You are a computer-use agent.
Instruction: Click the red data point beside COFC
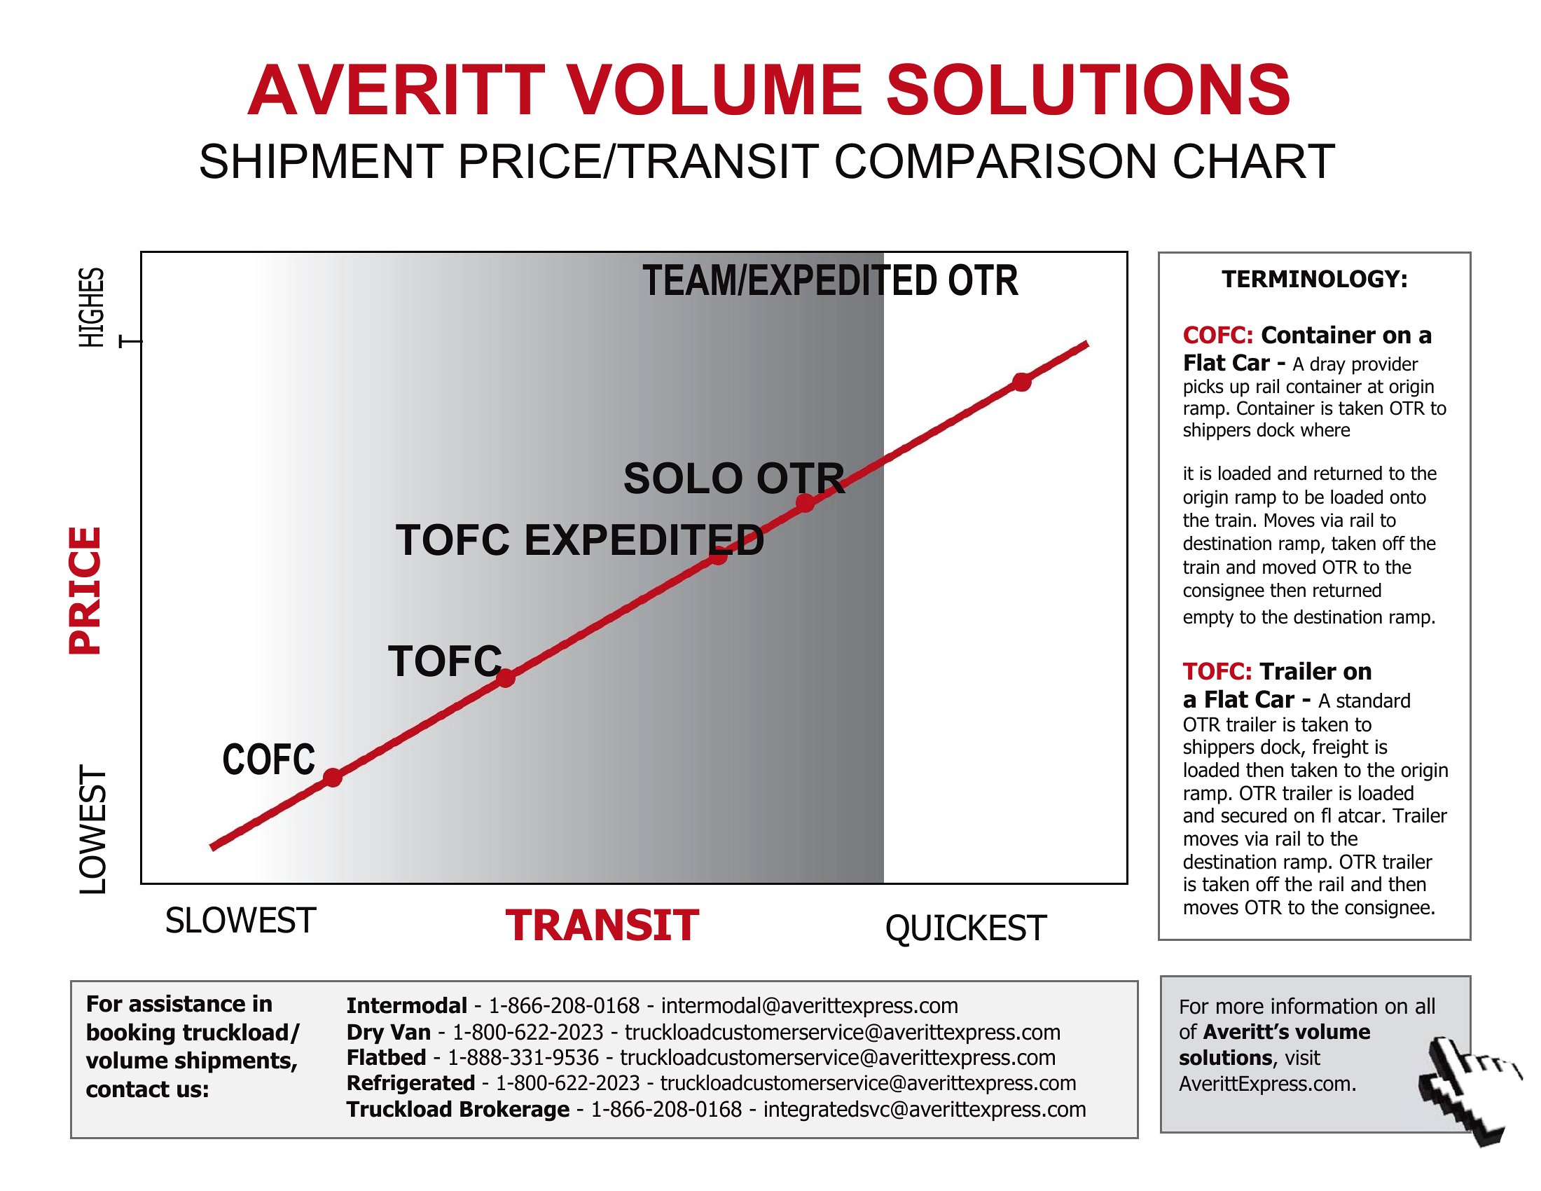332,778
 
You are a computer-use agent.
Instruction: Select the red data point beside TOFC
506,678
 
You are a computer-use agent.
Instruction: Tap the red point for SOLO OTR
805,503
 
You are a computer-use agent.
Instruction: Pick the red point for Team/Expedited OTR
1022,382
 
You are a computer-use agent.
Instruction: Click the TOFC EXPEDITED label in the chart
580,539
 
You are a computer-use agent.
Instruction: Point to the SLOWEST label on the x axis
240,921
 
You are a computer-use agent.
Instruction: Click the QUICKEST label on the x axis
966,928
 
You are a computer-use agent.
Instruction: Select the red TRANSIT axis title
602,925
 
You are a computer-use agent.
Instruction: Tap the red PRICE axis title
85,591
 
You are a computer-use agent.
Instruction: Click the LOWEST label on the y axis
92,829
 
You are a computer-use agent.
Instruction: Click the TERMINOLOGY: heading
1315,280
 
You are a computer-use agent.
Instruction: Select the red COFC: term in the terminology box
1218,335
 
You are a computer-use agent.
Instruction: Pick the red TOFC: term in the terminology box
1217,672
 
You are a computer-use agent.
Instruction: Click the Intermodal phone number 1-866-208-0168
564,1005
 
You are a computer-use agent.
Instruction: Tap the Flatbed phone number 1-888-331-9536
523,1058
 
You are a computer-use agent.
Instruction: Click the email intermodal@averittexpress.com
809,1005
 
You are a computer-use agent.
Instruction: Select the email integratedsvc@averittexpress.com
925,1109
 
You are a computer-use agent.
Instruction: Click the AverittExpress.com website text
1267,1084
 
